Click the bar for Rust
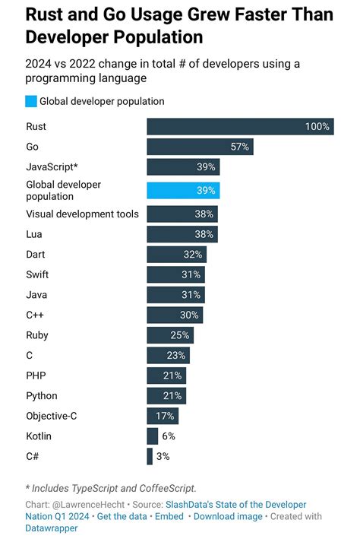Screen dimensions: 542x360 [239, 126]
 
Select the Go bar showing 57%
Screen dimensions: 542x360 [199, 147]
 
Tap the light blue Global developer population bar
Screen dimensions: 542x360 [183, 190]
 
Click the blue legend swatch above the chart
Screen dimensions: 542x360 [31, 101]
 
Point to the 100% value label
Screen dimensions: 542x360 [317, 126]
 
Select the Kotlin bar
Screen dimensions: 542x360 [152, 436]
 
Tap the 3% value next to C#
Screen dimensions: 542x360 [163, 456]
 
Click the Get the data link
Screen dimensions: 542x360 [122, 516]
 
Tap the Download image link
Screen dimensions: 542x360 [228, 516]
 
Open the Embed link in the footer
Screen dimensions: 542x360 [169, 516]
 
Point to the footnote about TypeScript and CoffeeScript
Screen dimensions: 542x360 [110, 488]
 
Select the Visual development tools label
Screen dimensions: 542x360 [82, 214]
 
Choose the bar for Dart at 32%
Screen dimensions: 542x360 [176, 255]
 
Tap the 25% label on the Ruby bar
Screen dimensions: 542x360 [180, 335]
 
